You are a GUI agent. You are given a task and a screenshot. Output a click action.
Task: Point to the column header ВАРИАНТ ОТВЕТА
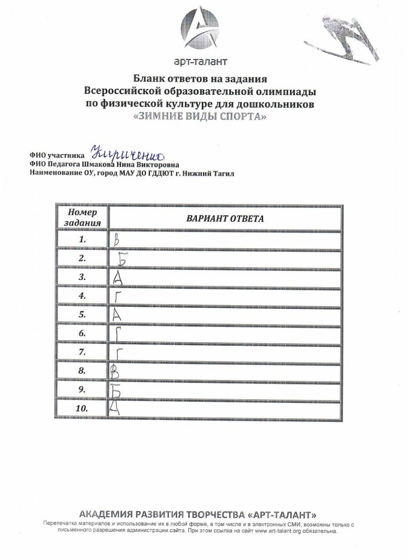[x=225, y=218]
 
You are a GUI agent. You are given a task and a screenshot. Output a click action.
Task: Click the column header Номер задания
[x=82, y=217]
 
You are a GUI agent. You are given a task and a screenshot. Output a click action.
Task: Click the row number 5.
[x=82, y=315]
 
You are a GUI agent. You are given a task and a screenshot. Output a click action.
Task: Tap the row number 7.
[x=82, y=352]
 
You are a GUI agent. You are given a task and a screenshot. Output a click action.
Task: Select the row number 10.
[x=82, y=408]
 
